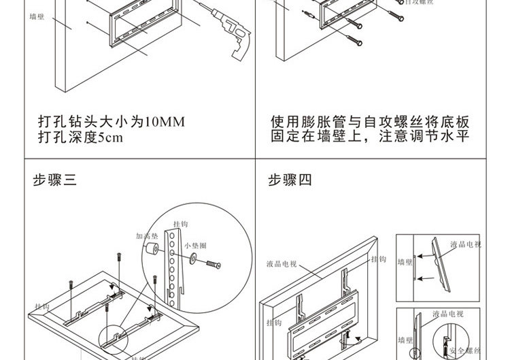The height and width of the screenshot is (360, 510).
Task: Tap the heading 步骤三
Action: pyautogui.click(x=55, y=180)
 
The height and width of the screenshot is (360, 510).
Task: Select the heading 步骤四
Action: pyautogui.click(x=290, y=180)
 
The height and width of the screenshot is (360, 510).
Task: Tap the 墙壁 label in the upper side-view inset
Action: pyautogui.click(x=406, y=261)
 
